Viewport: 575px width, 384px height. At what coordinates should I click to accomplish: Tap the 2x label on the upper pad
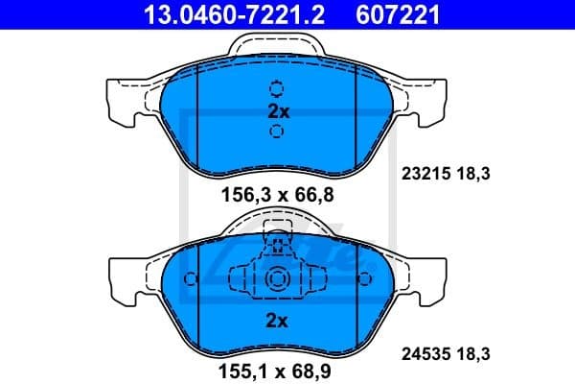[278, 111]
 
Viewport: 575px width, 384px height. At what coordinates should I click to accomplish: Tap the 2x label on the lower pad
[278, 321]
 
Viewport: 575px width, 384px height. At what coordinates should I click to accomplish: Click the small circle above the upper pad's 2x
[278, 88]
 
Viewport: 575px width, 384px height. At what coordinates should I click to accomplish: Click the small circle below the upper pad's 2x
[278, 133]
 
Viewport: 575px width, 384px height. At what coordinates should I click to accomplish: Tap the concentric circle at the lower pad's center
[278, 280]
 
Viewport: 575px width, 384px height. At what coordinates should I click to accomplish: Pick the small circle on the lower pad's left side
[191, 279]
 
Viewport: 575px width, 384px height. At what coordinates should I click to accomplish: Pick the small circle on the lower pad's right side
[364, 279]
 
